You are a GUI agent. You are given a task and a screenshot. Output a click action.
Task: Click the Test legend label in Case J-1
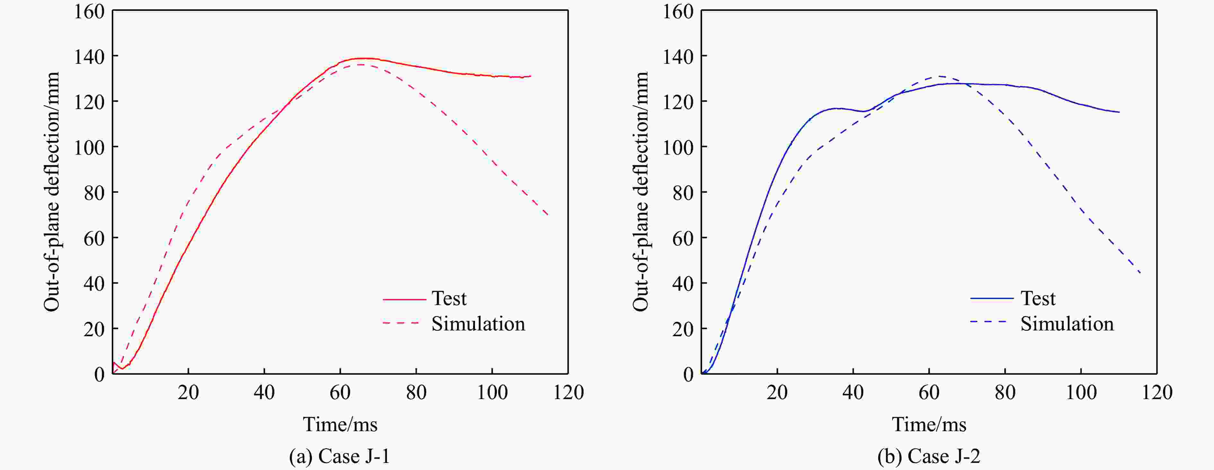(449, 299)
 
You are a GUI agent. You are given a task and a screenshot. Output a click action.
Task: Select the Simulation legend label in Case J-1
(478, 324)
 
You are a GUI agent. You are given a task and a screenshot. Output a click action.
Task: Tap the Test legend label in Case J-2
(1038, 299)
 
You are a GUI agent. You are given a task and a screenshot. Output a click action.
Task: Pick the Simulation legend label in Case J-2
(1067, 324)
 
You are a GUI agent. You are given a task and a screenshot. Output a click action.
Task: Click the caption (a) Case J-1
(339, 456)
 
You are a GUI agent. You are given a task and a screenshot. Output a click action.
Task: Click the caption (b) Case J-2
(928, 456)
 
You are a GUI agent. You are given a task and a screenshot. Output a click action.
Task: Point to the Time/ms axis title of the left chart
(340, 425)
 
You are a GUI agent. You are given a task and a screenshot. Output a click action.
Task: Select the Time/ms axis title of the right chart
(929, 425)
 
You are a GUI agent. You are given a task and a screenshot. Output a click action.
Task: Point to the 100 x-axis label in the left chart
(492, 392)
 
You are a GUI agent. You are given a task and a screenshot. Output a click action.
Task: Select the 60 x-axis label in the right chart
(929, 392)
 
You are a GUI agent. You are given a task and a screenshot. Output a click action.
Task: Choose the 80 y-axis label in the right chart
(683, 192)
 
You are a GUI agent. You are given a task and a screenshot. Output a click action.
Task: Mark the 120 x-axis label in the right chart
(1157, 392)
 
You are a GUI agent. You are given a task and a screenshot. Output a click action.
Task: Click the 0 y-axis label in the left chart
(99, 374)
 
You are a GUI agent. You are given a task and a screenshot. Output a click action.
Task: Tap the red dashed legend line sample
(400, 323)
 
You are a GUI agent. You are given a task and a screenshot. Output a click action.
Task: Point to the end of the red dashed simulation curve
(548, 215)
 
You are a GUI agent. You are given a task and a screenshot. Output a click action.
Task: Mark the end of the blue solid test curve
(1119, 112)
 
